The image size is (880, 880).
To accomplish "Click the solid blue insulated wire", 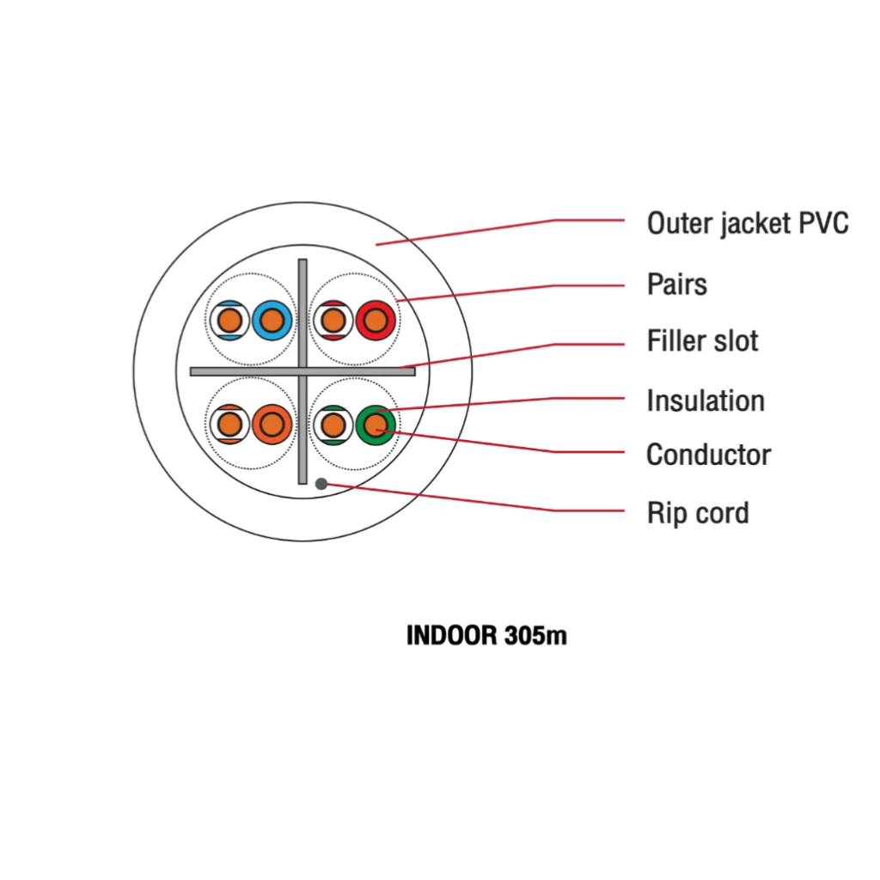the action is (x=272, y=321).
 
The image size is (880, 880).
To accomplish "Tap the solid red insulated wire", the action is (x=376, y=321).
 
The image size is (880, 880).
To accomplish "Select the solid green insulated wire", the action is (x=376, y=425).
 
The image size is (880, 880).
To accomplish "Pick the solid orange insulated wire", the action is (x=272, y=425).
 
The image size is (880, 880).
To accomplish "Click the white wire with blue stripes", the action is (x=229, y=321).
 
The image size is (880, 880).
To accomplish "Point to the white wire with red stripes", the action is (x=333, y=321).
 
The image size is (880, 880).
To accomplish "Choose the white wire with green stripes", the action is (x=333, y=425).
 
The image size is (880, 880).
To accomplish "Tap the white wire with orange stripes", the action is (x=229, y=425).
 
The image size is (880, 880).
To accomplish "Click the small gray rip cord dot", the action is (x=321, y=484).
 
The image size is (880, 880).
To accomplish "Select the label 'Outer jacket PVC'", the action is (x=748, y=223).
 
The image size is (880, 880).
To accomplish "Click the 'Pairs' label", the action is (x=677, y=284).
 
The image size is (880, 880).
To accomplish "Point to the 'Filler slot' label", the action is (x=702, y=340).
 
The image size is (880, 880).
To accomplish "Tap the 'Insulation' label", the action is (x=706, y=400).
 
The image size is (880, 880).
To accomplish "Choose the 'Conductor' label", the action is (x=708, y=455).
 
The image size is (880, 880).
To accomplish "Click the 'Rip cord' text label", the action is (x=698, y=513).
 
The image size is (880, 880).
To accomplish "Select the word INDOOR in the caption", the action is (x=452, y=635).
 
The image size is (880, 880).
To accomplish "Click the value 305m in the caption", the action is (x=535, y=635).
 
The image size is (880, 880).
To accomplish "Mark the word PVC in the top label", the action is (x=823, y=223).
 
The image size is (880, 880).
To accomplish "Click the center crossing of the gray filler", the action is (x=302, y=371).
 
